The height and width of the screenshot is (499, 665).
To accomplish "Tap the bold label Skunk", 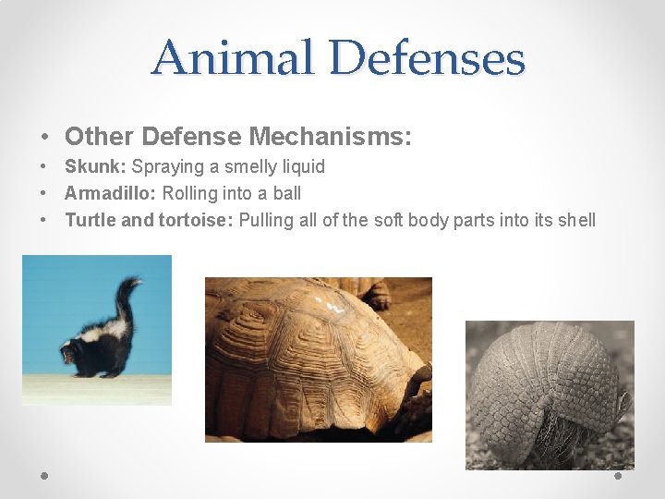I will (95, 166).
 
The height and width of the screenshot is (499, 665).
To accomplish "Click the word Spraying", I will (167, 166).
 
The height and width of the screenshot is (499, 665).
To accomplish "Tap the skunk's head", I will (69, 352).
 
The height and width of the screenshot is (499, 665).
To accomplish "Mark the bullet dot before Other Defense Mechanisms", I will (44, 138).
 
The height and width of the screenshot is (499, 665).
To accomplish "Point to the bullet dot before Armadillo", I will (44, 194).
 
